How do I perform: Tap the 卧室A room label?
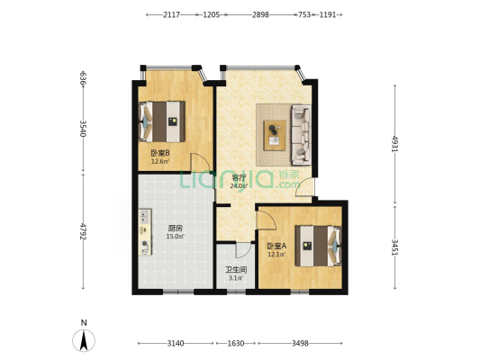pyautogui.click(x=276, y=246)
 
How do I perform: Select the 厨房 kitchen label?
pyautogui.click(x=176, y=229)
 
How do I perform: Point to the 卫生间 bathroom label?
pyautogui.click(x=236, y=270)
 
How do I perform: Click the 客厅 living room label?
pyautogui.click(x=239, y=177)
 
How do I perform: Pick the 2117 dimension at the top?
pyautogui.click(x=171, y=14)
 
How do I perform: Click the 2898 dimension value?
pyautogui.click(x=260, y=14)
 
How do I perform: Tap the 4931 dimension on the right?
pyautogui.click(x=395, y=144)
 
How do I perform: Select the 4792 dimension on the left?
pyautogui.click(x=83, y=231)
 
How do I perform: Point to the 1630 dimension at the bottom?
pyautogui.click(x=236, y=344)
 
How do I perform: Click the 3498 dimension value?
pyautogui.click(x=300, y=344)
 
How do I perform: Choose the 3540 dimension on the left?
pyautogui.click(x=83, y=129)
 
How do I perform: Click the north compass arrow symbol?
pyautogui.click(x=84, y=340)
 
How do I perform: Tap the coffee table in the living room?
pyautogui.click(x=275, y=135)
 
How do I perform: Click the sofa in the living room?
pyautogui.click(x=301, y=135)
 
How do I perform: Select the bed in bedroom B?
pyautogui.click(x=161, y=121)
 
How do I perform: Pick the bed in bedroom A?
pyautogui.click(x=319, y=246)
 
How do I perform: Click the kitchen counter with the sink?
pyautogui.click(x=145, y=232)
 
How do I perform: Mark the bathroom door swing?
pyautogui.click(x=243, y=250)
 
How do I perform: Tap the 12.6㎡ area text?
pyautogui.click(x=160, y=161)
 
